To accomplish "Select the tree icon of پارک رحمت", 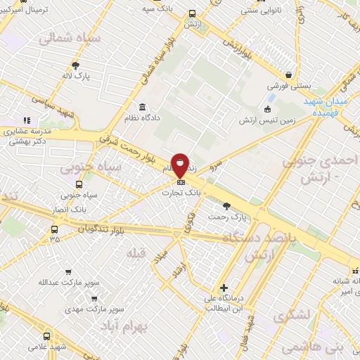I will [226, 206].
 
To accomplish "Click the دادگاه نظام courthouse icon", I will [143, 108].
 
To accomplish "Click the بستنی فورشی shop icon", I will [288, 75].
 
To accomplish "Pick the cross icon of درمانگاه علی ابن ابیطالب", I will [224, 288].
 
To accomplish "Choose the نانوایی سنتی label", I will [242, 10].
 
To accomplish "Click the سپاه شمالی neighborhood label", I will [73, 39].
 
